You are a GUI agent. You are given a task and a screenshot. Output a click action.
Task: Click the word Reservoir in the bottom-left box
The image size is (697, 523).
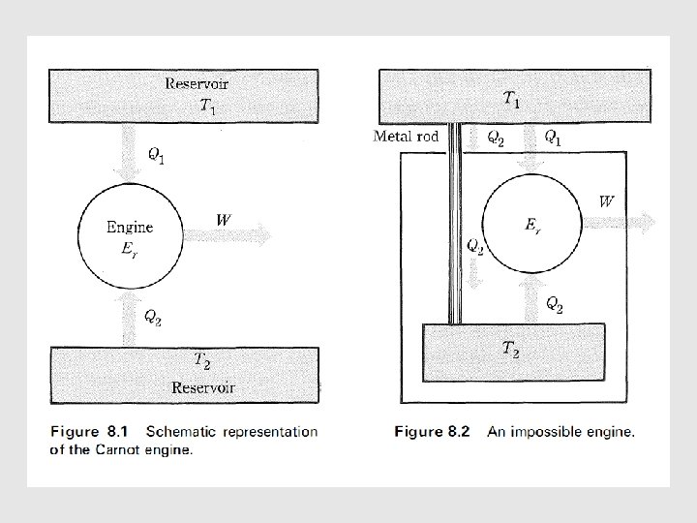pyautogui.click(x=203, y=387)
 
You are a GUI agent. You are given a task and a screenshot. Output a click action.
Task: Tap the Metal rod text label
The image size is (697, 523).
pyautogui.click(x=407, y=136)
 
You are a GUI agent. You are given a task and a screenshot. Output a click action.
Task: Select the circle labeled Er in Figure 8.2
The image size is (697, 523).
pyautogui.click(x=531, y=225)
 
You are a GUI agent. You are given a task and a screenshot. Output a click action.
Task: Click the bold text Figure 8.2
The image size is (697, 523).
pyautogui.click(x=432, y=432)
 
